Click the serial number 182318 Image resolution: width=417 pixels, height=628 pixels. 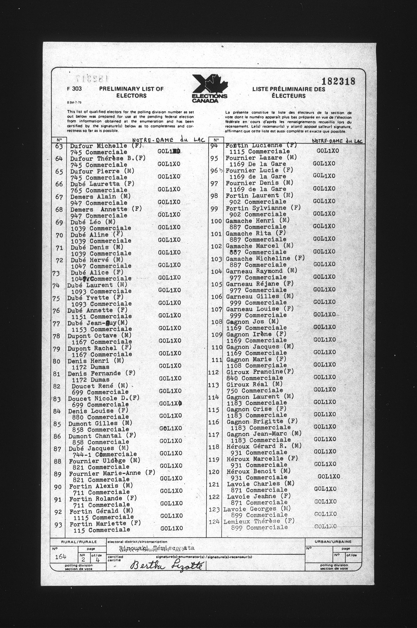338,81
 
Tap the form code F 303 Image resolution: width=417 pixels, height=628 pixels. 74,89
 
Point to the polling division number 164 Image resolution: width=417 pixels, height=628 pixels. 61,557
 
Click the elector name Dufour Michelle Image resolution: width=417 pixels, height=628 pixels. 98,146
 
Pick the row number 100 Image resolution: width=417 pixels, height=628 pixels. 216,221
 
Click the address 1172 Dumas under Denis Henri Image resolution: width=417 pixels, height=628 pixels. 90,367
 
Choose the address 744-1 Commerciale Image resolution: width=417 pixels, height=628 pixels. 104,454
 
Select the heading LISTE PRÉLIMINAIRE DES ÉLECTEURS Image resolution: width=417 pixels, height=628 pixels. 288,93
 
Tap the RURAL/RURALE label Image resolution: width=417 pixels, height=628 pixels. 79,542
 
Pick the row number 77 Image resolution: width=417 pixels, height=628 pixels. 56,324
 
